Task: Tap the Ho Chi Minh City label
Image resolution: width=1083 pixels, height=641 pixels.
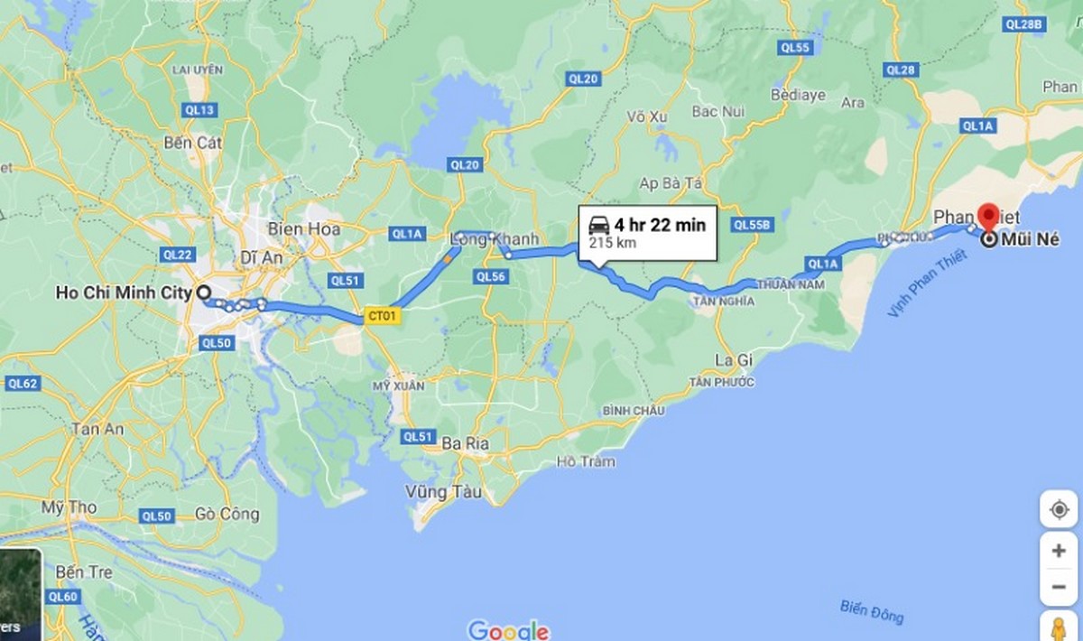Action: click(124, 293)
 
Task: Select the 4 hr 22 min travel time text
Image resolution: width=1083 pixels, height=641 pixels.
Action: click(660, 225)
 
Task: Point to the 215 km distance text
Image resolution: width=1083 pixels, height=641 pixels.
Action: click(610, 243)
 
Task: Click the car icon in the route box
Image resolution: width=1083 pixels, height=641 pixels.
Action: click(597, 225)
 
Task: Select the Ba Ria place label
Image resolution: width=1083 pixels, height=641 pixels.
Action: click(466, 443)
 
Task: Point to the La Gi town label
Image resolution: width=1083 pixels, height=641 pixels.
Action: click(733, 359)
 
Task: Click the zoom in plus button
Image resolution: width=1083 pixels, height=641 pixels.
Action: click(1058, 550)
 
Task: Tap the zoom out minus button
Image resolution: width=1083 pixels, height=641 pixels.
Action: click(1058, 587)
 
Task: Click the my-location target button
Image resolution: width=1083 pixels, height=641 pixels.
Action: click(1058, 509)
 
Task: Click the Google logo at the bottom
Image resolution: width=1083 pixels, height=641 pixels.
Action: click(508, 629)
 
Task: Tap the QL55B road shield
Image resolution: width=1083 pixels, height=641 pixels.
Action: click(753, 224)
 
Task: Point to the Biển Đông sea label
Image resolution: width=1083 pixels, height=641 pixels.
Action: click(871, 610)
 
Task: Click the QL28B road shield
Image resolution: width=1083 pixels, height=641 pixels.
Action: click(1023, 24)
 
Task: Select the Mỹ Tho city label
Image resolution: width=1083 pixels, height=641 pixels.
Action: click(68, 507)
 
